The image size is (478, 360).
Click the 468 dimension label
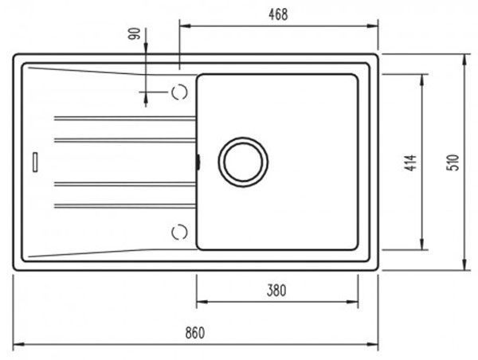tap(278, 14)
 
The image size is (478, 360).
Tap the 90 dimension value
tap(135, 33)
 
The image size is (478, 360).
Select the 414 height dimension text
tap(412, 162)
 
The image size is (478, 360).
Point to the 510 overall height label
tap(453, 162)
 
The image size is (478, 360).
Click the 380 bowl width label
tap(276, 291)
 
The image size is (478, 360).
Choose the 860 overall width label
tap(195, 333)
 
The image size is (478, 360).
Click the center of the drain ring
tap(243, 162)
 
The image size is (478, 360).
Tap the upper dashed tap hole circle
tap(179, 92)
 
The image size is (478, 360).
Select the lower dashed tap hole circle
tap(179, 233)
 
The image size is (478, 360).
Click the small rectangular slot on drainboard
tap(35, 162)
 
